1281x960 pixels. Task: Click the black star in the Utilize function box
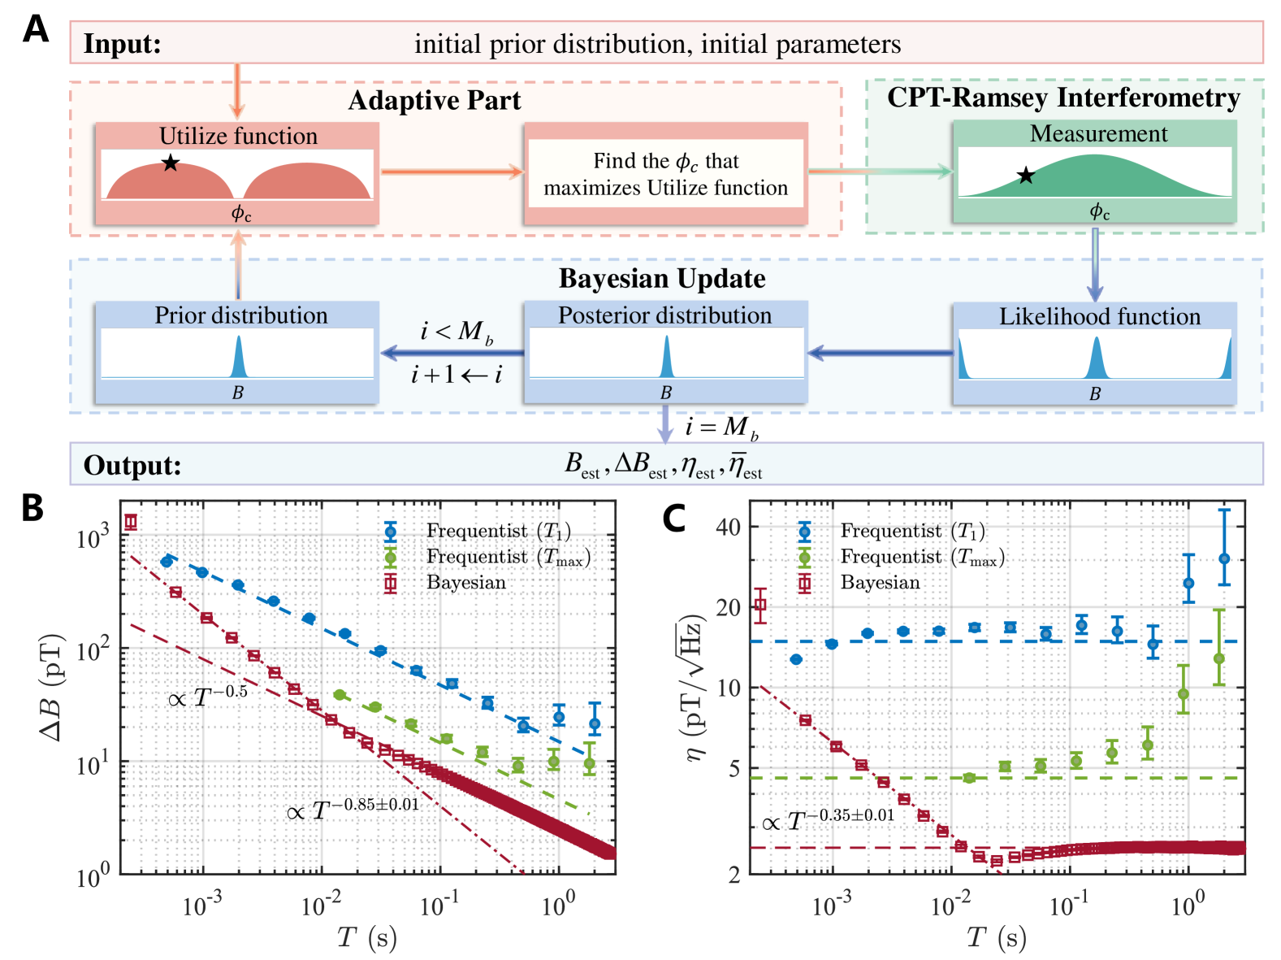pyautogui.click(x=170, y=163)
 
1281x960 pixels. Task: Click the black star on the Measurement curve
pyautogui.click(x=1026, y=176)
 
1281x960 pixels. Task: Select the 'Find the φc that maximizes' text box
pyautogui.click(x=665, y=174)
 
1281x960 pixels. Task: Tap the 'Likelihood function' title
pyautogui.click(x=1099, y=316)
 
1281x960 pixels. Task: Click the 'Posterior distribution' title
pyautogui.click(x=664, y=315)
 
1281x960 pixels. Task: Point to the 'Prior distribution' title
pyautogui.click(x=241, y=315)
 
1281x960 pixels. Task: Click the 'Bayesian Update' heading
pyautogui.click(x=662, y=279)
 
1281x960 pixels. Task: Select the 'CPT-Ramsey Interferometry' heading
pyautogui.click(x=1063, y=98)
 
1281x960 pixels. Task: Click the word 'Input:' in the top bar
pyautogui.click(x=123, y=44)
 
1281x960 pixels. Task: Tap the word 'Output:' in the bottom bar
pyautogui.click(x=132, y=466)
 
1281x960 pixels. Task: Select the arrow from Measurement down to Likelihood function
pyautogui.click(x=1095, y=265)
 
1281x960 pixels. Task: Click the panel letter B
pyautogui.click(x=32, y=508)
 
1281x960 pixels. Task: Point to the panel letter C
pyautogui.click(x=673, y=519)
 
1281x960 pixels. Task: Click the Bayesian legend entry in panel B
pyautogui.click(x=465, y=583)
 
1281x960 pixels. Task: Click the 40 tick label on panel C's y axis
pyautogui.click(x=728, y=527)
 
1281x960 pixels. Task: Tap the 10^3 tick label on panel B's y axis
pyautogui.click(x=93, y=539)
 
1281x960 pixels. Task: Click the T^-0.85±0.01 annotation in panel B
pyautogui.click(x=353, y=810)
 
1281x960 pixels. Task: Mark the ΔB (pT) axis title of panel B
pyautogui.click(x=52, y=687)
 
